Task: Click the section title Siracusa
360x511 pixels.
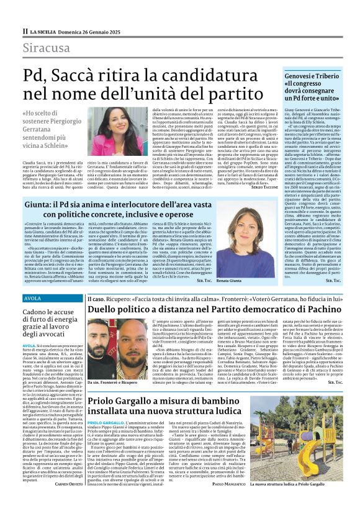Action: [x=47, y=48]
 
